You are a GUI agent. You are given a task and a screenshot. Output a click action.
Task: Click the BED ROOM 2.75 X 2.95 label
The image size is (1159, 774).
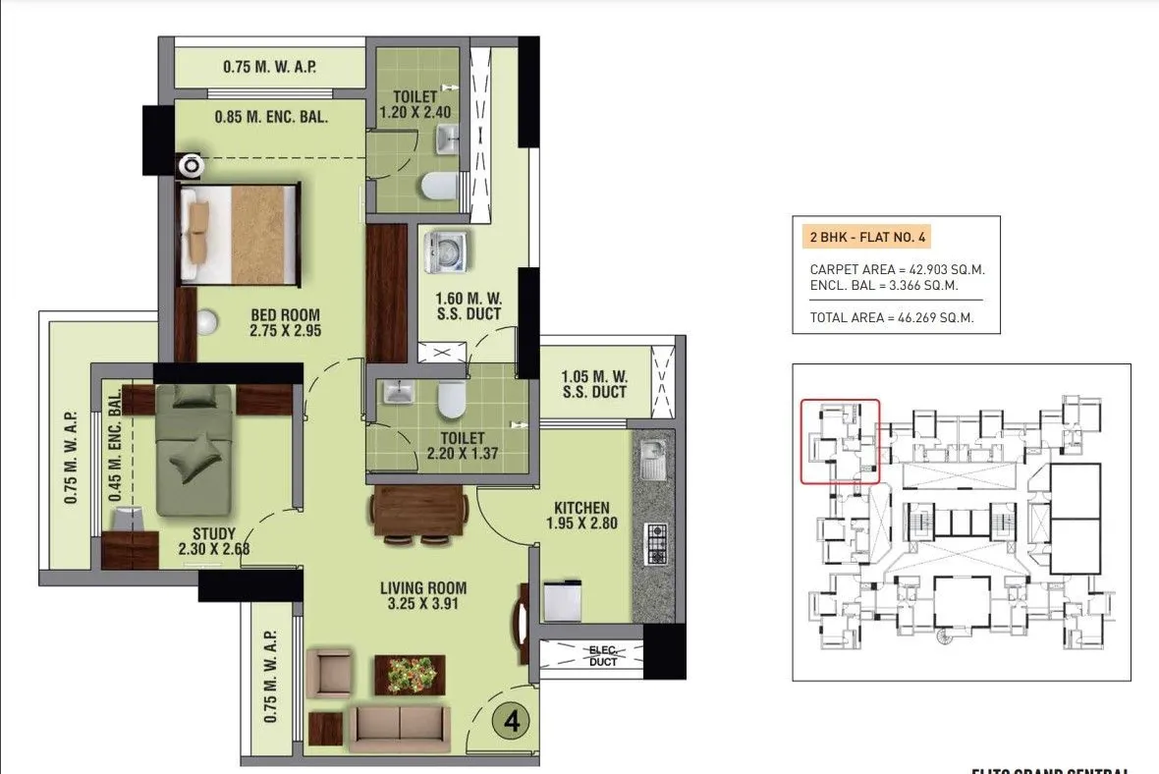point(286,323)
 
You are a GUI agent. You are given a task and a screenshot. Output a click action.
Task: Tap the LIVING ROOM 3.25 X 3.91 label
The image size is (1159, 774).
point(423,596)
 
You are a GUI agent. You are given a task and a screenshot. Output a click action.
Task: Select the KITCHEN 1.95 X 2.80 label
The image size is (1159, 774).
point(581,516)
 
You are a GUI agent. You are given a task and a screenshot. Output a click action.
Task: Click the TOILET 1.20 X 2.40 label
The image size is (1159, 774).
point(414,105)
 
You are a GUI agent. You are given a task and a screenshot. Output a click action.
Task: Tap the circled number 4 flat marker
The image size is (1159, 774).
point(511,722)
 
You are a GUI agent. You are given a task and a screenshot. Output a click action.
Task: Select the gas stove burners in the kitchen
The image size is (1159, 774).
point(655,543)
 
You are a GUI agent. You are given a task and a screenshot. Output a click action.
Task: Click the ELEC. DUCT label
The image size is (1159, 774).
point(603,655)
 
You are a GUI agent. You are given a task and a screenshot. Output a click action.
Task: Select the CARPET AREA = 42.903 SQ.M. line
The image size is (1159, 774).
point(897,269)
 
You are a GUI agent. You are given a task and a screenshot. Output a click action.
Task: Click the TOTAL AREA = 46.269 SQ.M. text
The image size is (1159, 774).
point(891,317)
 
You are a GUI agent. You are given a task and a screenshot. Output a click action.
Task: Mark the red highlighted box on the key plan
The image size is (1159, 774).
point(840,441)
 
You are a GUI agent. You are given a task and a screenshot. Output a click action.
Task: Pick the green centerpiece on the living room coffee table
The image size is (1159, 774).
point(410,675)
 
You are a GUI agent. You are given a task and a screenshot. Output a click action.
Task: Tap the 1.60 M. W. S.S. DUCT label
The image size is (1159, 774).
point(469,305)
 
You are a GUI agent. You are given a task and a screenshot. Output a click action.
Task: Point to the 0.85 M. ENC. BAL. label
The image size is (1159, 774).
point(271,117)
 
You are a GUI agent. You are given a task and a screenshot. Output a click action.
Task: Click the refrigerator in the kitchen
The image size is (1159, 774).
point(565,600)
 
